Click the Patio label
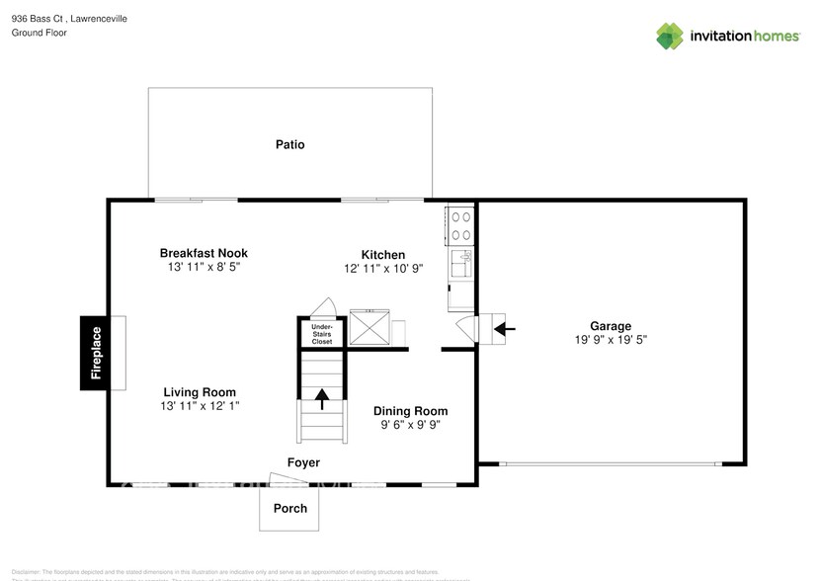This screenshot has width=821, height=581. point(289,144)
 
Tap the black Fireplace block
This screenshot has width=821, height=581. point(96,353)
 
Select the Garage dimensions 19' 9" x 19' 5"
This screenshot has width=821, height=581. point(610,339)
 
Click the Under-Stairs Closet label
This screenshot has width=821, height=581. point(322,334)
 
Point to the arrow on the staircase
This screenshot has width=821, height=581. point(322,398)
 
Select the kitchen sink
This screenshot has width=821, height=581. point(460,263)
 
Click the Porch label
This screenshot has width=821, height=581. point(289,509)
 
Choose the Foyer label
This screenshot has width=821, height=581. point(303,462)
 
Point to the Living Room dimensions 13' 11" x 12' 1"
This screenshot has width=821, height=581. point(200,406)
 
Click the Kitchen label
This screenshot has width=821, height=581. point(382,255)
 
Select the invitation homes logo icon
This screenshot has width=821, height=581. point(671,36)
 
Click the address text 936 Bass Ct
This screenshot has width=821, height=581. point(41,19)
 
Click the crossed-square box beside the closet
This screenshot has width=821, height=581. point(370,328)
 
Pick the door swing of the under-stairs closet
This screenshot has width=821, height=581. point(323,306)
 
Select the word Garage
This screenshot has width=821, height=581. point(610,325)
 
